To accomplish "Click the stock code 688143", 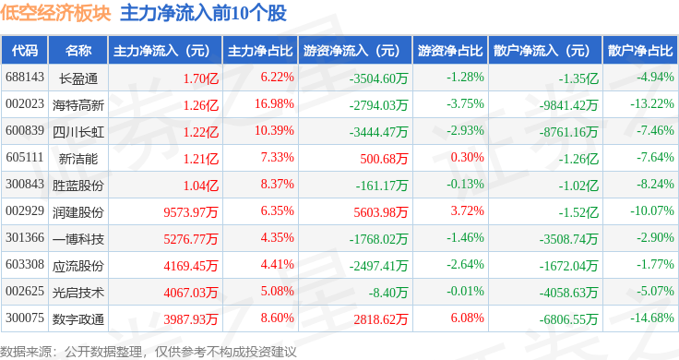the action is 25,78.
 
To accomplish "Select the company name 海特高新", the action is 78,105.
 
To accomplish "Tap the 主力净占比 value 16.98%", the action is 274,104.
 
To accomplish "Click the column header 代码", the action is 25,51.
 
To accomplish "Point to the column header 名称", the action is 78,51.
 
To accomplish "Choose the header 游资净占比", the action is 450,51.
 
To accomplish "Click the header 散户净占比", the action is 640,51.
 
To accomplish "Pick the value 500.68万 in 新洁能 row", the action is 384,159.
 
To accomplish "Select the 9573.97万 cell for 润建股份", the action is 191,212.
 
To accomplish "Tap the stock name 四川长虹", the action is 78,132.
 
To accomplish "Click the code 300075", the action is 25,318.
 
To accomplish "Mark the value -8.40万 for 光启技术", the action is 388,293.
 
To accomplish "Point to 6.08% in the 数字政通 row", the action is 467,318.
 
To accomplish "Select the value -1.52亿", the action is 578,212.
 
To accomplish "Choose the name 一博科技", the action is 78,239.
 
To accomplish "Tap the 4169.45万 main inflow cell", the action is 191,266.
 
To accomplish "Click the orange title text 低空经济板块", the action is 56,13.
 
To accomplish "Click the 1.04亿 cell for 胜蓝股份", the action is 201,186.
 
